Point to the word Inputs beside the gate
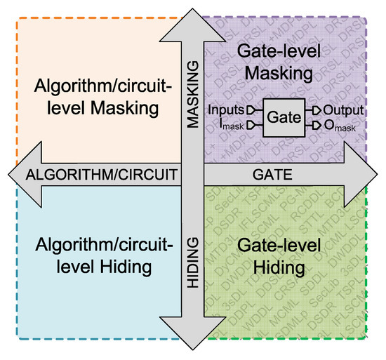226,110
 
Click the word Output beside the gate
338,110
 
